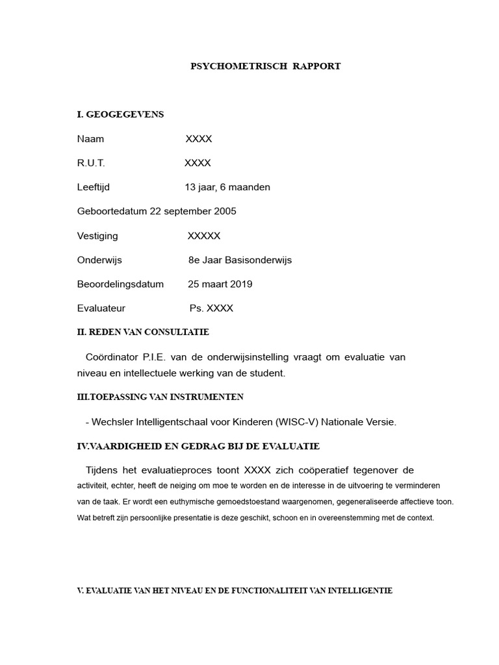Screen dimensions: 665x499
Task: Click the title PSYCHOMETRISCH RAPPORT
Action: (265, 66)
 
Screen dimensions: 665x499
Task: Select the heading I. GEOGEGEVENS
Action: (120, 114)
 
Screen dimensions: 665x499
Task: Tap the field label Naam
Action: (90, 139)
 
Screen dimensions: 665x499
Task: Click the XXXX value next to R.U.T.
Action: (198, 163)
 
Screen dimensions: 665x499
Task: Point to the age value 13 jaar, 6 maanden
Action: (227, 187)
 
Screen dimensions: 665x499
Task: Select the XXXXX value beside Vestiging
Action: (204, 236)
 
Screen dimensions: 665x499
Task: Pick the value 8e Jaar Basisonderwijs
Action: (240, 260)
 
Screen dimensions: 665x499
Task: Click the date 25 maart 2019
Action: (220, 284)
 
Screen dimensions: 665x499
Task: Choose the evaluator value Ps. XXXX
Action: (211, 308)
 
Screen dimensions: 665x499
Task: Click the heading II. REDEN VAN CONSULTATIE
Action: (143, 332)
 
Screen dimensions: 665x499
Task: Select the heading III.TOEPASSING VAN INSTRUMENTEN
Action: (160, 396)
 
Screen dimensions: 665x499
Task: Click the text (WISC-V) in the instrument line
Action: (300, 422)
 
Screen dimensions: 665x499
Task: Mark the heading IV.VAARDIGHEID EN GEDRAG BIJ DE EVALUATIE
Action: (198, 446)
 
